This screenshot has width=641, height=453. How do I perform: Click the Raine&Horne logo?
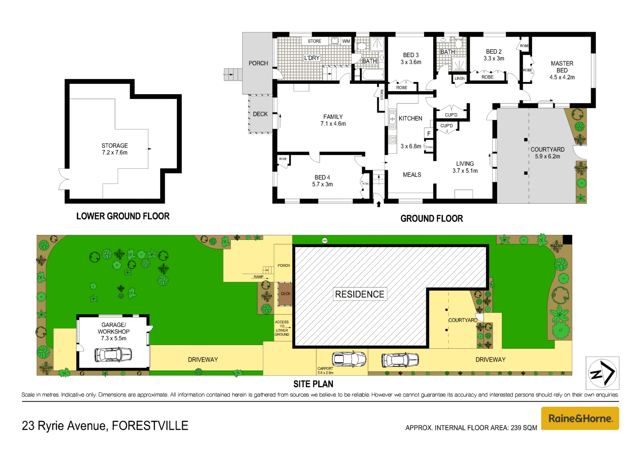point(580,418)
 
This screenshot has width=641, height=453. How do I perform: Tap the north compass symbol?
point(602,373)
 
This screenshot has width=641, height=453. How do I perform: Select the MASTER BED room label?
point(562,70)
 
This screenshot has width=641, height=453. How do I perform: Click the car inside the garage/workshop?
point(113,354)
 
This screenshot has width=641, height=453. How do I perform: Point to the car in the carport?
point(349,359)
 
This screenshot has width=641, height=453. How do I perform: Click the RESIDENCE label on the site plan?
point(360,294)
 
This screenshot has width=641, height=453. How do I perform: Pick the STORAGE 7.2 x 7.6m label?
point(114,149)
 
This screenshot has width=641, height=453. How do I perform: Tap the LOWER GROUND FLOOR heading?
point(123,216)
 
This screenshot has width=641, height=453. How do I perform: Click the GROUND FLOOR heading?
point(431,219)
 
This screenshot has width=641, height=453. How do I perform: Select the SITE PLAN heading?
point(313,384)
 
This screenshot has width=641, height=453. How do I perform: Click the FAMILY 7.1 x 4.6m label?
point(333,120)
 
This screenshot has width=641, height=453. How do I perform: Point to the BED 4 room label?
point(322,181)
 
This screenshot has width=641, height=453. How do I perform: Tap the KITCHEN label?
point(410,119)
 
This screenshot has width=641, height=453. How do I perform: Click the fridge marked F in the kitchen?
point(429,134)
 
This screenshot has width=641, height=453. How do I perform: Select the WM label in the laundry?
point(346,41)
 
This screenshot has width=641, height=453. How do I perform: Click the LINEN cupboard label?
point(459,79)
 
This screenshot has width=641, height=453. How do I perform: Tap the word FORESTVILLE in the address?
point(150,426)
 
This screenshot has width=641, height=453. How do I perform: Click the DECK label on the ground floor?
point(260,114)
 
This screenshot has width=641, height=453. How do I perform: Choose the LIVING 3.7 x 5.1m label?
point(465,167)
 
